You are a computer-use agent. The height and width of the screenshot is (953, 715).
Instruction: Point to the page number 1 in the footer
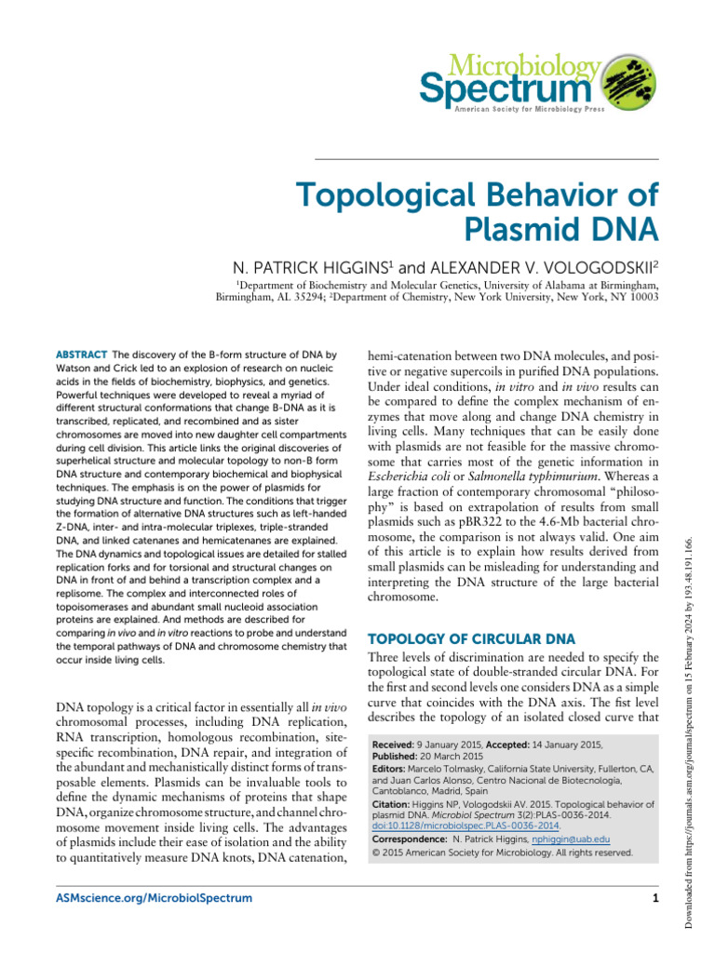tap(655, 898)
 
